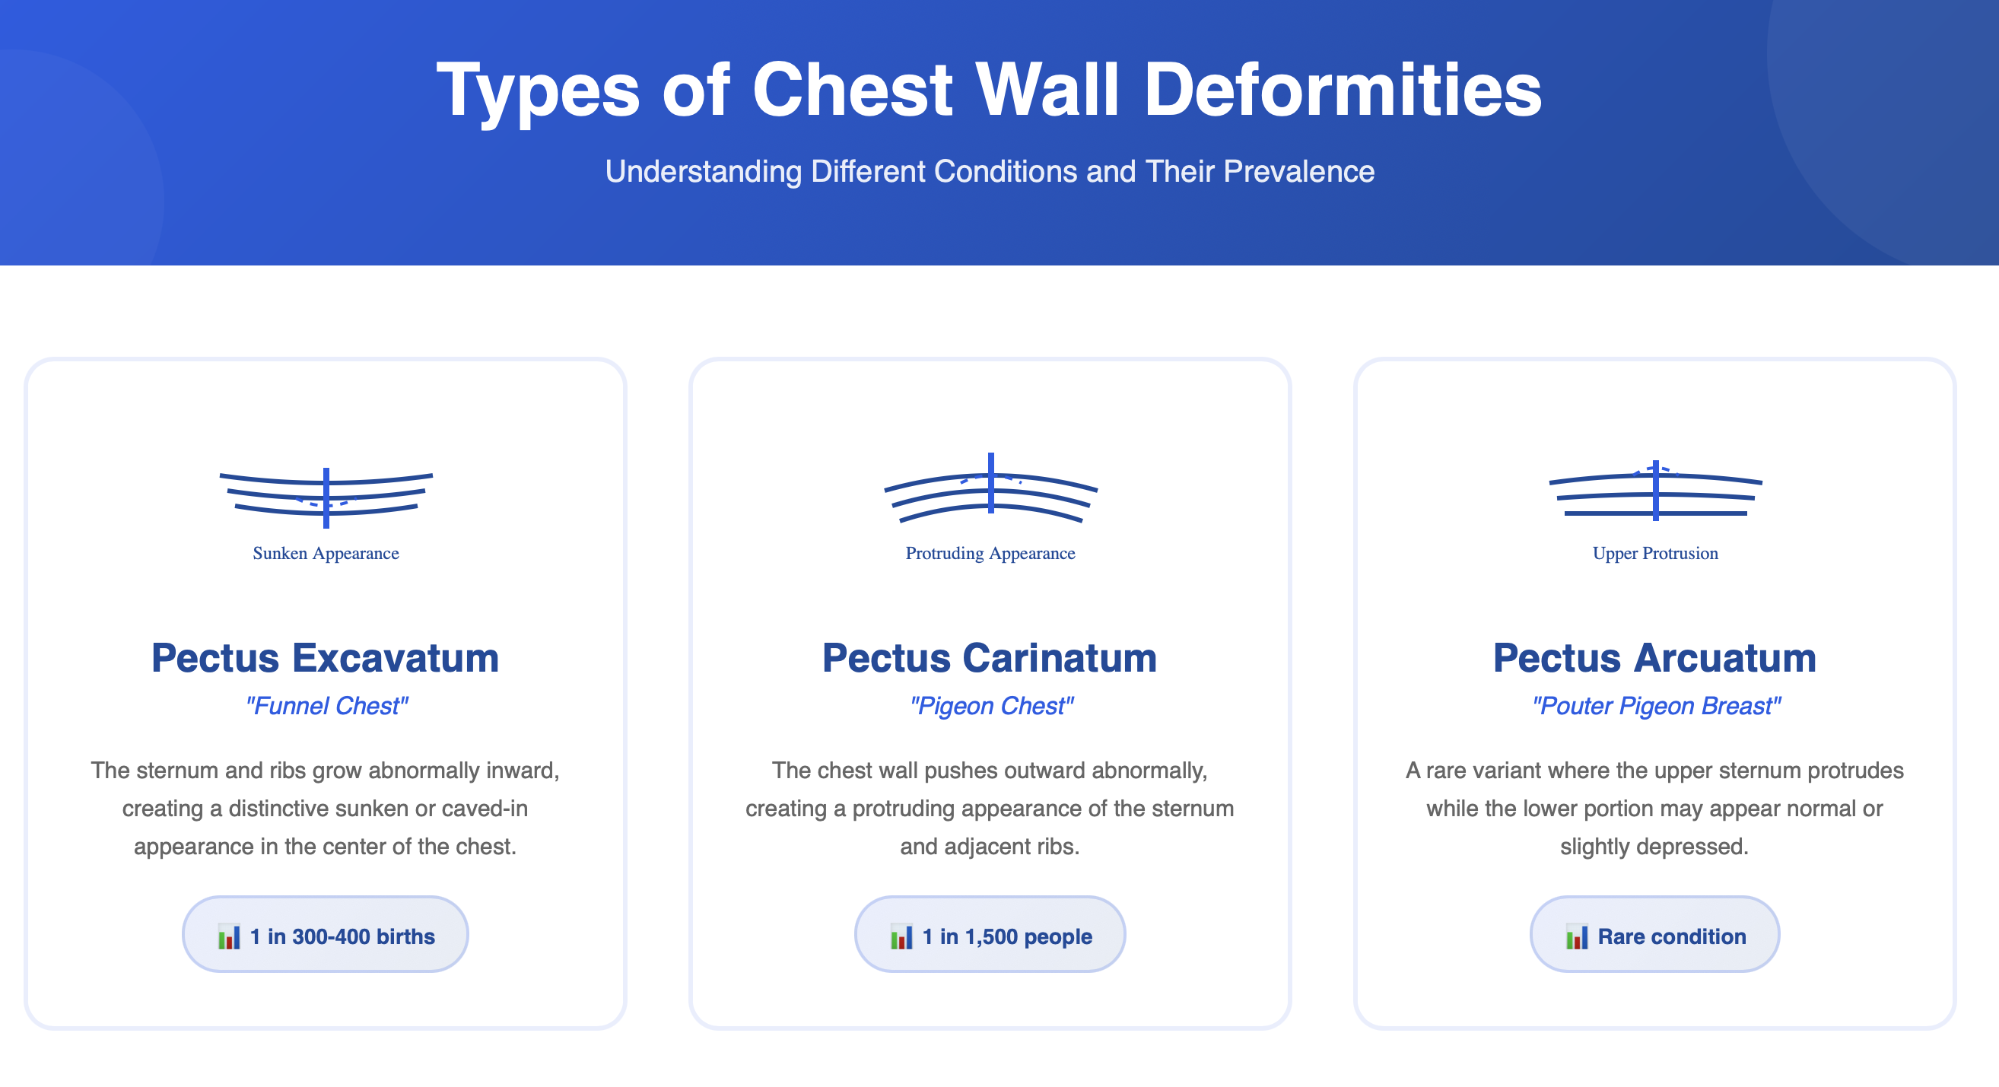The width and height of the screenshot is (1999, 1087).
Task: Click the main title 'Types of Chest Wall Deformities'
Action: click(990, 91)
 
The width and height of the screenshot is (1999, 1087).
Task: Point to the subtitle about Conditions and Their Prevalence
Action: click(990, 171)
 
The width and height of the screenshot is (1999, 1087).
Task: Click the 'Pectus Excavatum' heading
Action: click(325, 658)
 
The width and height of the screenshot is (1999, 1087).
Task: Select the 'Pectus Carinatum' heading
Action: click(990, 658)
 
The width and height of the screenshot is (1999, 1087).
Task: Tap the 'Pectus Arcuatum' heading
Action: click(1654, 658)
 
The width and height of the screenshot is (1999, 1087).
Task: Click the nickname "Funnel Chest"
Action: click(326, 706)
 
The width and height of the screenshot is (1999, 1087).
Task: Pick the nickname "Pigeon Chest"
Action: click(991, 706)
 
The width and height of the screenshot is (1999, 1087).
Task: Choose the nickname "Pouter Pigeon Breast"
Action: click(1656, 706)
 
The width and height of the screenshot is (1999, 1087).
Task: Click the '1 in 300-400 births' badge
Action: click(325, 935)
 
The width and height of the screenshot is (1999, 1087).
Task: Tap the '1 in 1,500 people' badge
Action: click(990, 935)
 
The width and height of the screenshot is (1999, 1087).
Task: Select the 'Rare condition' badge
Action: click(1654, 935)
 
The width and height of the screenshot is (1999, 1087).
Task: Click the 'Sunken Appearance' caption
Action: click(326, 553)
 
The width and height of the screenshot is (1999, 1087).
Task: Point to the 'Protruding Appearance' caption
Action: click(990, 553)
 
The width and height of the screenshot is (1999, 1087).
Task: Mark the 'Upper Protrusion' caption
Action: click(1655, 553)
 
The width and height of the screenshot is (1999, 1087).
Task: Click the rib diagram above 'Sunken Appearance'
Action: click(326, 497)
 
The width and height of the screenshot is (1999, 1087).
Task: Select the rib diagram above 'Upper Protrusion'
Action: click(1656, 491)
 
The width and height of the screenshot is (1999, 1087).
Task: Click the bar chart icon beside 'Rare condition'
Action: click(1576, 936)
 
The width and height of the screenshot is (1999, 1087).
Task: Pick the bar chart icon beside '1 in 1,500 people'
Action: click(901, 936)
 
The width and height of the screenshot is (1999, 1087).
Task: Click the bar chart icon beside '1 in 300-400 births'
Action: click(229, 936)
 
